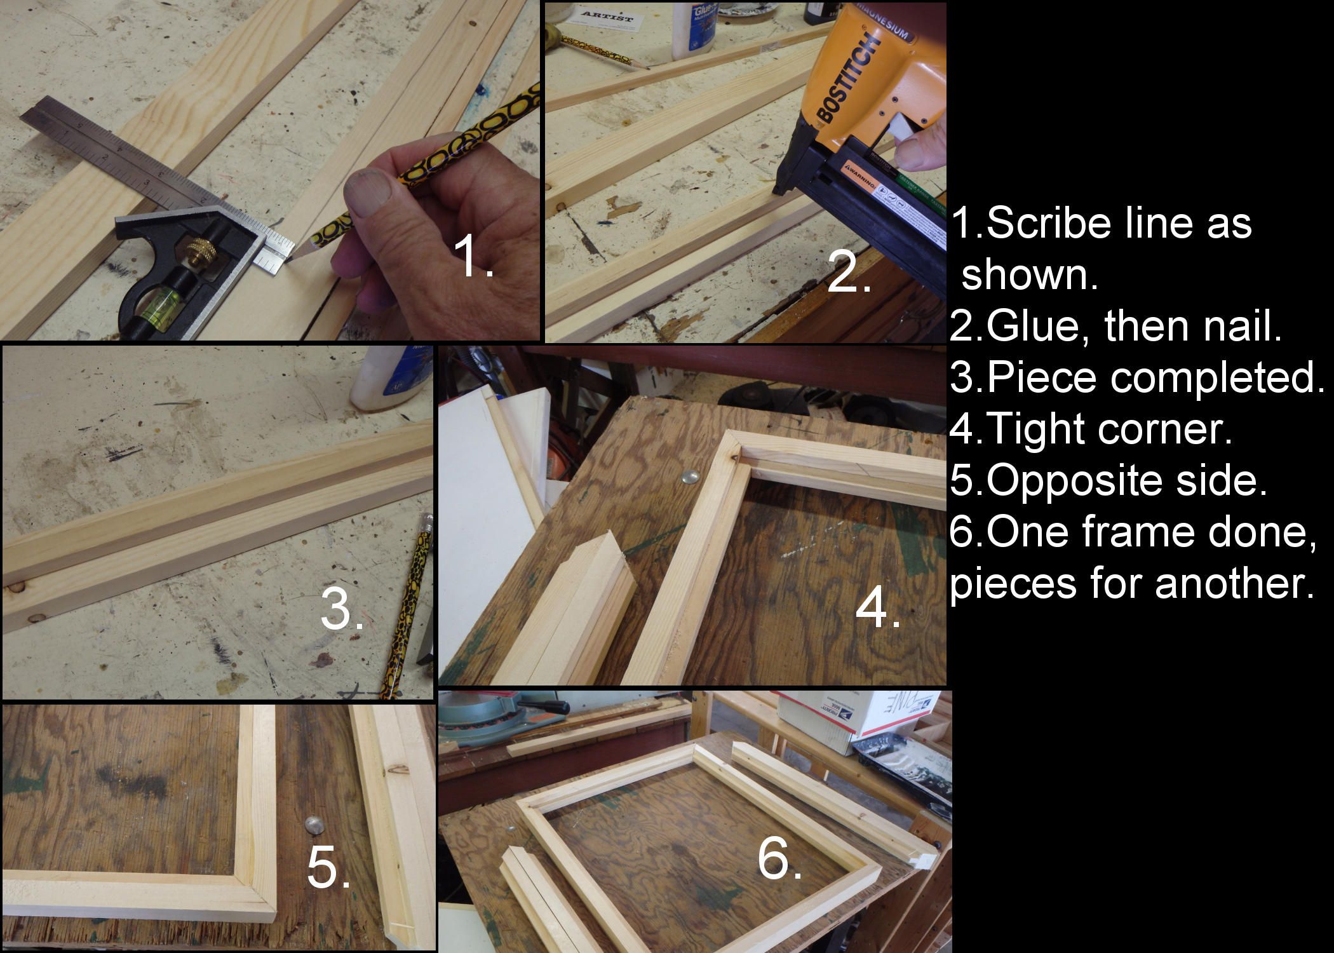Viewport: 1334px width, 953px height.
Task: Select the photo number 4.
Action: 878,608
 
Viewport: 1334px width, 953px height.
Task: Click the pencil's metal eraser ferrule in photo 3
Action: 425,525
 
